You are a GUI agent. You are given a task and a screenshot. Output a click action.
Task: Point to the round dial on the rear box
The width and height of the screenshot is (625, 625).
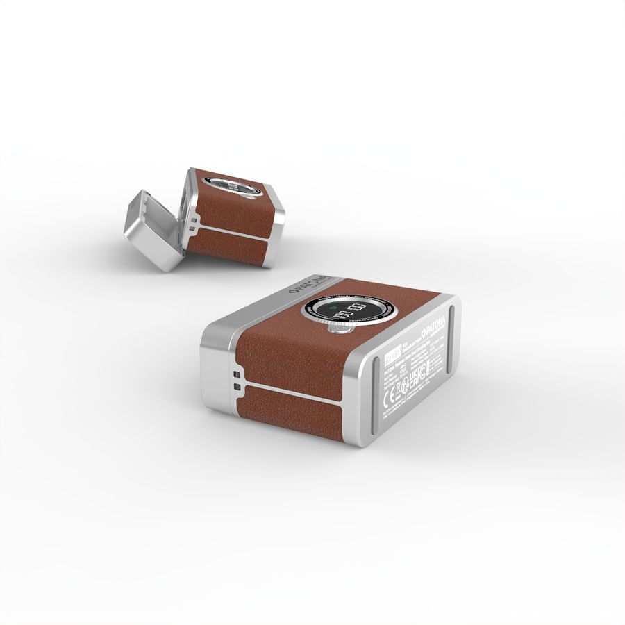tap(233, 187)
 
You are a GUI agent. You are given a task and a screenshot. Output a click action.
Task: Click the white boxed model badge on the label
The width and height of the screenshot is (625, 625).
tap(393, 355)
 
